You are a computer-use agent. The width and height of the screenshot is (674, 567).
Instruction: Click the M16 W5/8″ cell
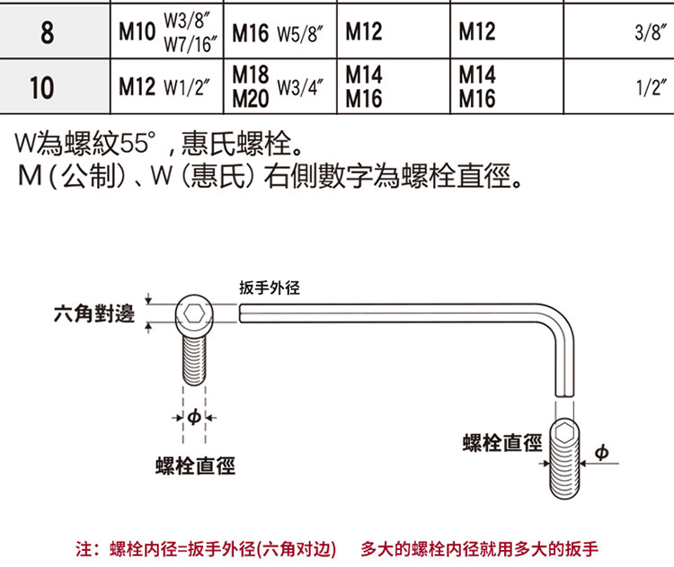pyautogui.click(x=278, y=32)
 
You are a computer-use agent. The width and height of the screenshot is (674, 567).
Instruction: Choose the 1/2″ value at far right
pyautogui.click(x=649, y=87)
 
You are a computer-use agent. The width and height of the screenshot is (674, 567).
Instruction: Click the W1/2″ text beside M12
pyautogui.click(x=187, y=87)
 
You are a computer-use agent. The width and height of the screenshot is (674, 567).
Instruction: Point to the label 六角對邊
pyautogui.click(x=93, y=313)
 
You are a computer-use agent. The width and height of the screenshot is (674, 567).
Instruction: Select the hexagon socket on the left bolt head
pyautogui.click(x=196, y=313)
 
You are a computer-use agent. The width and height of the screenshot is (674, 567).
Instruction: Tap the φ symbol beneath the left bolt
pyautogui.click(x=194, y=417)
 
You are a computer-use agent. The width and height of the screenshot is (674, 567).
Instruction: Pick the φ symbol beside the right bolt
pyautogui.click(x=601, y=452)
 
